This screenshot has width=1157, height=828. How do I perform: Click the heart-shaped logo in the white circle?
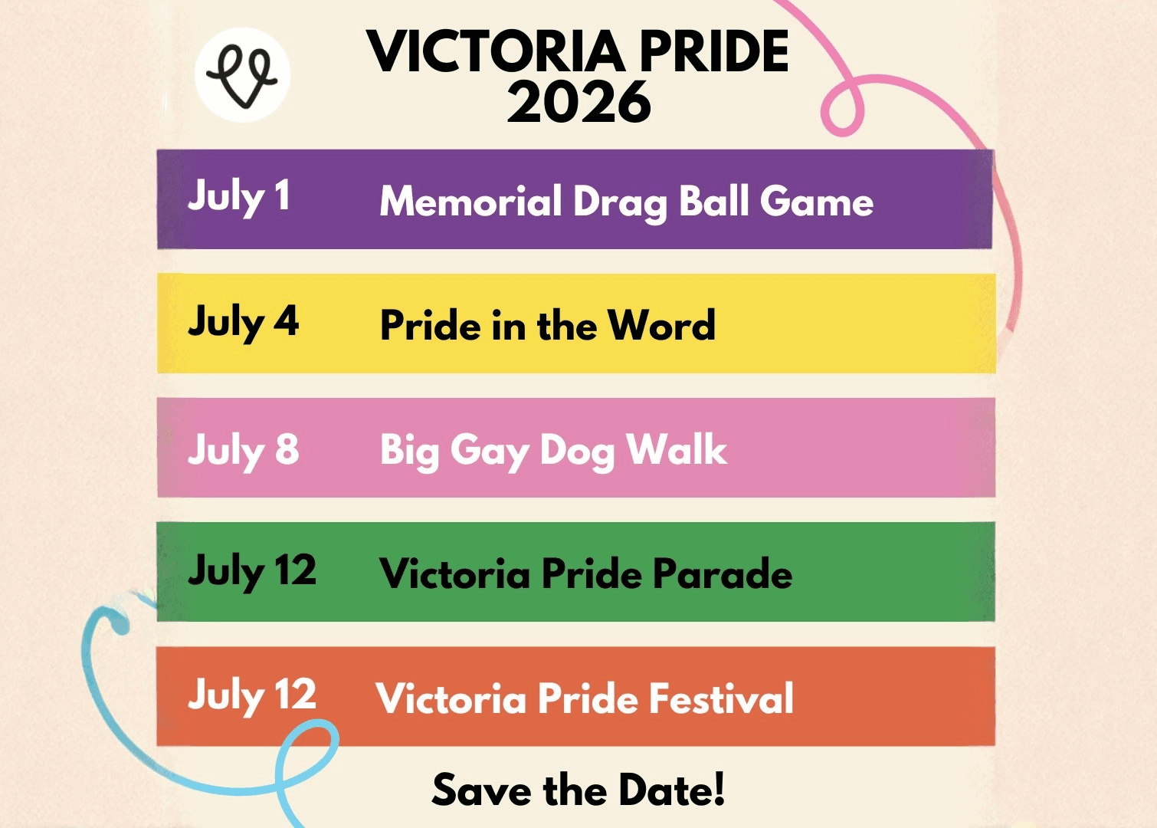click(x=241, y=76)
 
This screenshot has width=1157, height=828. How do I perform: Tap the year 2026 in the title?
click(x=578, y=102)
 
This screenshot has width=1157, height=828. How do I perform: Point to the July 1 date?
click(x=238, y=198)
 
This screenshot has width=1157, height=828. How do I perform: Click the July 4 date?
click(x=244, y=323)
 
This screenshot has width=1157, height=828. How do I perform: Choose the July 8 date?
click(x=244, y=450)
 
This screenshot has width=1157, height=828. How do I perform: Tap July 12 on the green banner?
click(x=252, y=572)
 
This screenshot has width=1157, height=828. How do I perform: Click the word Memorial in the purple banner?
click(x=470, y=201)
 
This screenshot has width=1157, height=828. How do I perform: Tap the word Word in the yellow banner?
click(x=661, y=325)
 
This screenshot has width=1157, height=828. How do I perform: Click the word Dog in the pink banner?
click(x=578, y=452)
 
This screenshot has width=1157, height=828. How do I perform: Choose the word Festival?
click(x=721, y=698)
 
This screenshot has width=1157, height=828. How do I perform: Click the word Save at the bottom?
click(x=481, y=789)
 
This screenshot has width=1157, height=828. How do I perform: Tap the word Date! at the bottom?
click(x=671, y=789)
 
